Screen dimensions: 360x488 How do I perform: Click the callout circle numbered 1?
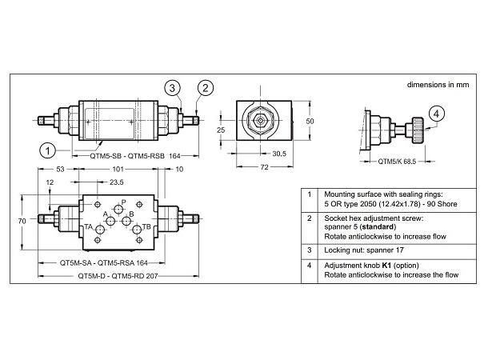[x=48, y=149]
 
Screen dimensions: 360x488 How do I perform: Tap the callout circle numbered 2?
[x=206, y=87]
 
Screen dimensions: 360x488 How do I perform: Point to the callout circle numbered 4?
[x=436, y=114]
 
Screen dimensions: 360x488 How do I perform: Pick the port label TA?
[x=89, y=227]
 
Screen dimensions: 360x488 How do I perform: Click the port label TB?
[x=146, y=227]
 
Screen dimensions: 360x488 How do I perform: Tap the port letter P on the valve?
[x=123, y=202]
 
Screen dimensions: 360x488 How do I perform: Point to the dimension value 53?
[x=60, y=170]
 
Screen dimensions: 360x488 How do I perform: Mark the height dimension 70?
[x=22, y=220]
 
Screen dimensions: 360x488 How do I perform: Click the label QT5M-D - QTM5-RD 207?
[x=115, y=275]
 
